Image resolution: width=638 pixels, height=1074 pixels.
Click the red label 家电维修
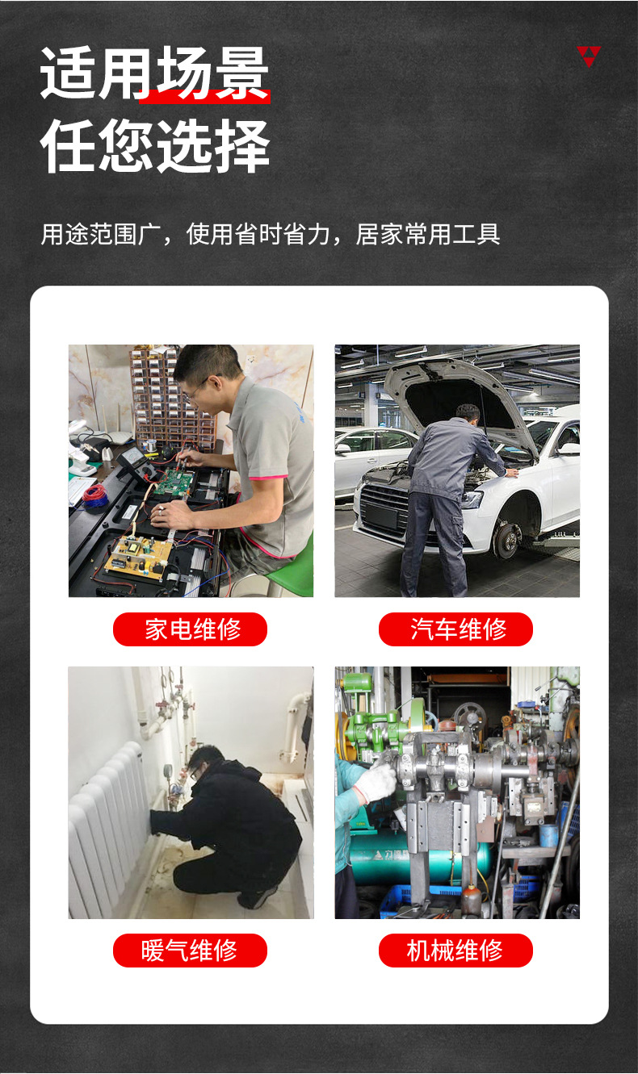[190, 629]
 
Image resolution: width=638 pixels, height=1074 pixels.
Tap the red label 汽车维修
[455, 629]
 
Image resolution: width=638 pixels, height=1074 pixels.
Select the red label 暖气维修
[190, 951]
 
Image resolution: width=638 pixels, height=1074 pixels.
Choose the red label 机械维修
[455, 951]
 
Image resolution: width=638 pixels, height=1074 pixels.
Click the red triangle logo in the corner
[589, 56]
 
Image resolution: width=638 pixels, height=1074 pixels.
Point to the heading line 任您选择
[155, 147]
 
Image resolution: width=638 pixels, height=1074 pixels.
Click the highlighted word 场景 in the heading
[212, 74]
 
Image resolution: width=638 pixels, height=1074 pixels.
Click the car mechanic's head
[467, 415]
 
